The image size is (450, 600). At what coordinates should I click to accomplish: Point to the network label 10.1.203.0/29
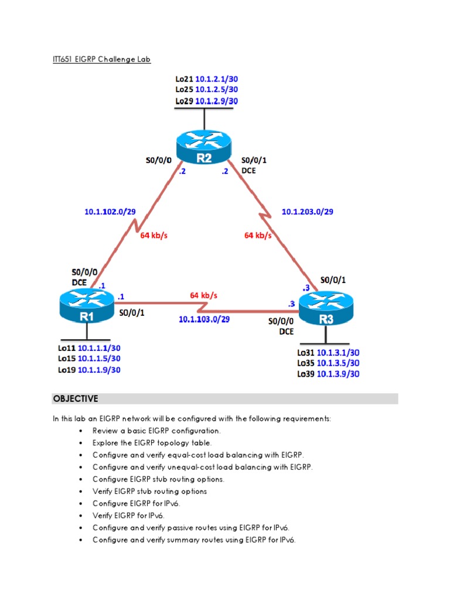click(308, 212)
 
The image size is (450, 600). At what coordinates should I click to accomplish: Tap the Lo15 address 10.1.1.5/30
click(99, 359)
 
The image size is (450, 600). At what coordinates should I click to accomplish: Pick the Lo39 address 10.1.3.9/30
click(338, 374)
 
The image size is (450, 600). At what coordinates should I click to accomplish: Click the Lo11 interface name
click(66, 347)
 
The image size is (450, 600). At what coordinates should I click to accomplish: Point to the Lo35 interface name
click(306, 363)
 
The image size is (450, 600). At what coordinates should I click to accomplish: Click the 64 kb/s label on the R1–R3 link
click(203, 296)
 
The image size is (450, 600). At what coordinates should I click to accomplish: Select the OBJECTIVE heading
click(76, 399)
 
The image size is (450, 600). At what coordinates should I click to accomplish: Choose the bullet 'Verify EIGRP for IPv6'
click(128, 516)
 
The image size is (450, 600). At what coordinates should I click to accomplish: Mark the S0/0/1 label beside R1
click(132, 313)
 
